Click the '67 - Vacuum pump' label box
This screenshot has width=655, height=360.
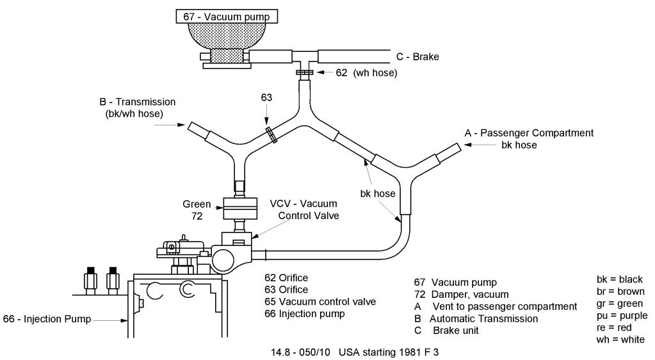tap(227, 17)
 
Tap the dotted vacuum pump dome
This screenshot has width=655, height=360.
tap(227, 35)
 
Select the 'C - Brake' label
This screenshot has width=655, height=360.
tap(417, 57)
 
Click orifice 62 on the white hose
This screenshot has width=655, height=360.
tap(305, 72)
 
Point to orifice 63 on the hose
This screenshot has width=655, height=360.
tap(271, 135)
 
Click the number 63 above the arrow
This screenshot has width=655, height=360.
tap(266, 97)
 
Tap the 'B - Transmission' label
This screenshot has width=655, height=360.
tap(138, 102)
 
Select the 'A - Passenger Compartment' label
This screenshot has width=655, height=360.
tap(529, 133)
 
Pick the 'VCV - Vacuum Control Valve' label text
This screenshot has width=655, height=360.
tap(305, 209)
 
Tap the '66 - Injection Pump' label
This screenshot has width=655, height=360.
tap(47, 319)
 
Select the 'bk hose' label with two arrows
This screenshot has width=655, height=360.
tap(378, 193)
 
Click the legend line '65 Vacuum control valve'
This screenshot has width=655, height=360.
tap(320, 302)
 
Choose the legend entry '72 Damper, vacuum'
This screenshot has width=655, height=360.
tap(461, 295)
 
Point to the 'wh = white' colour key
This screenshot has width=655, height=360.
tap(620, 339)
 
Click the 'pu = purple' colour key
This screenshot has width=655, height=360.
tap(622, 315)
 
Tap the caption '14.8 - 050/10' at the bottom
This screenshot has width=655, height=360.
tap(300, 352)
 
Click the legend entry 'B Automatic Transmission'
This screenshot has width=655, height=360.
tap(476, 318)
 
